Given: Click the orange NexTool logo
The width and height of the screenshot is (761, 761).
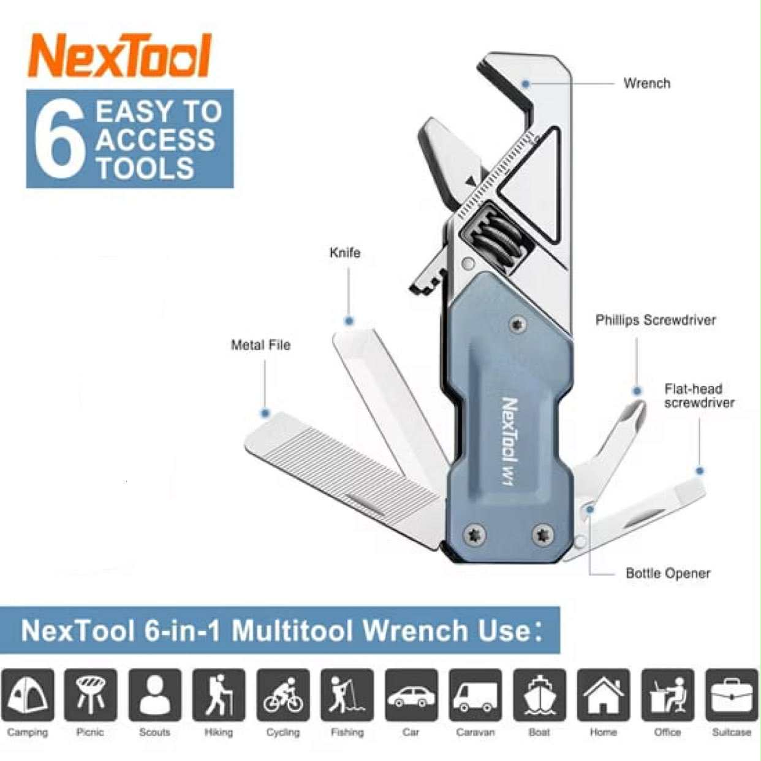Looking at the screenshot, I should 120,56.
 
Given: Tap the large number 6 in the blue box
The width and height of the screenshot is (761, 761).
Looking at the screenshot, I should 59,139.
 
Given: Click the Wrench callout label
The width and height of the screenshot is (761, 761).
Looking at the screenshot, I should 646,83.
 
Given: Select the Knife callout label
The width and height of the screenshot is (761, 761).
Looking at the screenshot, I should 345,252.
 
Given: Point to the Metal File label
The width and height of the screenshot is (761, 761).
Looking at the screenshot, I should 260,345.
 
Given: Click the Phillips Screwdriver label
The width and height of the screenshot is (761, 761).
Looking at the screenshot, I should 655,320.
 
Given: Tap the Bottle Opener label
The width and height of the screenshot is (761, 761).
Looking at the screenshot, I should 668,574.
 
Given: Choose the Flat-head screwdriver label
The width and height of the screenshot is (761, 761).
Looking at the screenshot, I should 699,396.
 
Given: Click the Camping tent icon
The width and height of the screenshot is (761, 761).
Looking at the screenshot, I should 28,695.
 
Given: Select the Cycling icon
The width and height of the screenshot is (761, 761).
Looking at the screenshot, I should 283,695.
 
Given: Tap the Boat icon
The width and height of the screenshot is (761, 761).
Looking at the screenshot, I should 539,695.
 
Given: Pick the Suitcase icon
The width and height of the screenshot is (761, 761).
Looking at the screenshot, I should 731,695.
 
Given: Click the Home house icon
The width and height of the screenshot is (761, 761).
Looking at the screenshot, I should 604,695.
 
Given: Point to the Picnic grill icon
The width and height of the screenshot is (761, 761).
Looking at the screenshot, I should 91,695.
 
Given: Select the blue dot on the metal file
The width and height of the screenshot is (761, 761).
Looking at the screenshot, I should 265,414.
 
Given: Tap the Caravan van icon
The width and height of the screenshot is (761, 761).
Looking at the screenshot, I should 475,695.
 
